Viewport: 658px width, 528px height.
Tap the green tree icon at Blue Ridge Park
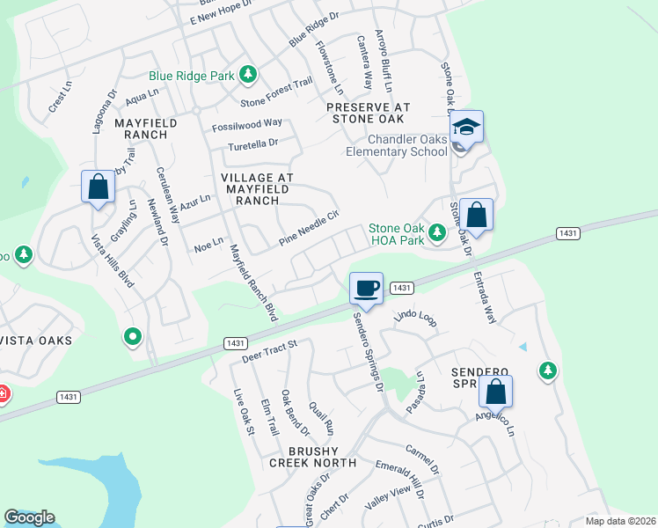[x=249, y=75]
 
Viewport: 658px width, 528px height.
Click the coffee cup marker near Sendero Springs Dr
[x=366, y=288]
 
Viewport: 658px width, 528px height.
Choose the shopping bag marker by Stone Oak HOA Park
[x=476, y=215]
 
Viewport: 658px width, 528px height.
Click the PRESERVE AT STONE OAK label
[x=365, y=112]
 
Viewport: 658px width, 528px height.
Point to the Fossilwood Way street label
[x=247, y=124]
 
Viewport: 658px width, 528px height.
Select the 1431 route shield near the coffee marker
[x=400, y=288]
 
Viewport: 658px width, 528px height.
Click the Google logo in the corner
[x=29, y=517]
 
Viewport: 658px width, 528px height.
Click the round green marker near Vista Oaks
[x=133, y=335]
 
